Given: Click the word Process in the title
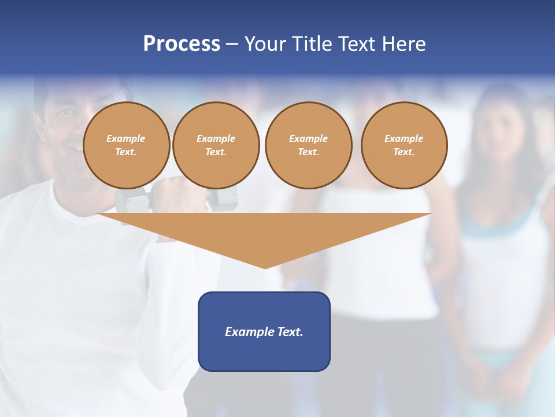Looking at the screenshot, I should pos(182,44).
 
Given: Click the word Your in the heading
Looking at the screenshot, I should pos(266,44).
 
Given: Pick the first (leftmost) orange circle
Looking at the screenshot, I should pos(126,145).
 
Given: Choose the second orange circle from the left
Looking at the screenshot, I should pos(216,145).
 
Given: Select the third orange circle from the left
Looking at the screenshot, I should pos(308,145).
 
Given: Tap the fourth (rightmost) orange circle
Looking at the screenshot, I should pos(404,145).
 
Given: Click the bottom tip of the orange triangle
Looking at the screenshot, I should pos(265,267).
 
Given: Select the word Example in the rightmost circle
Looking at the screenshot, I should pos(404,138).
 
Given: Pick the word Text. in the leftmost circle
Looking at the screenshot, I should pos(126,152).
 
